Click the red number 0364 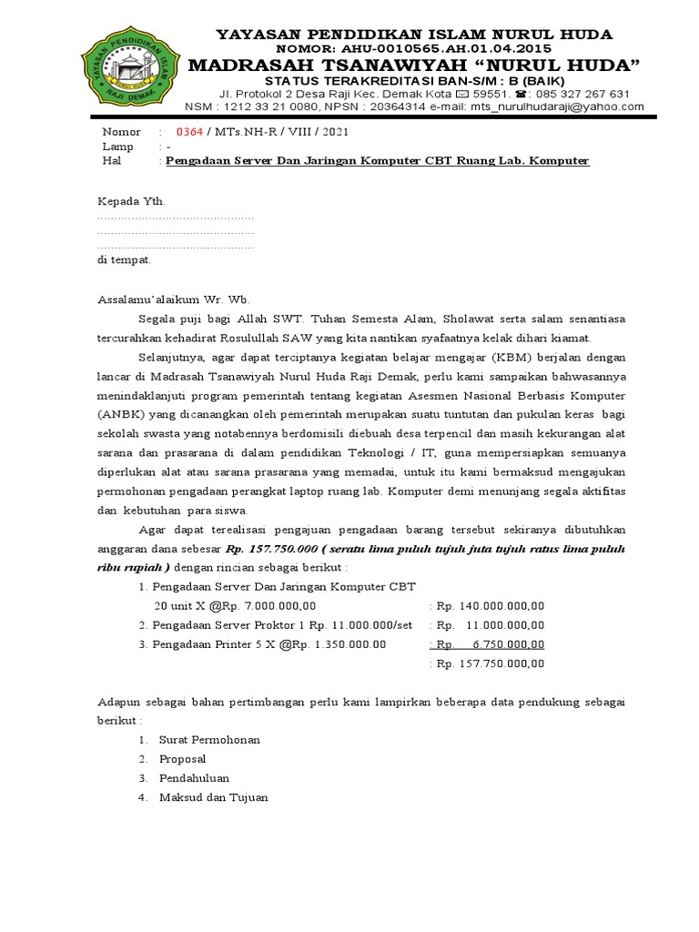point(188,132)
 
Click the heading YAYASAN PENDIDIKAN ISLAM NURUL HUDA point(413,35)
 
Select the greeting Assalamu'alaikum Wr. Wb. point(171,299)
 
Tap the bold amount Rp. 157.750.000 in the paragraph point(271,550)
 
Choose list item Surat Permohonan point(208,740)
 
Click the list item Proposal point(182,759)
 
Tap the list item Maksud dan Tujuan point(213,797)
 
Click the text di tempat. point(124,259)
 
